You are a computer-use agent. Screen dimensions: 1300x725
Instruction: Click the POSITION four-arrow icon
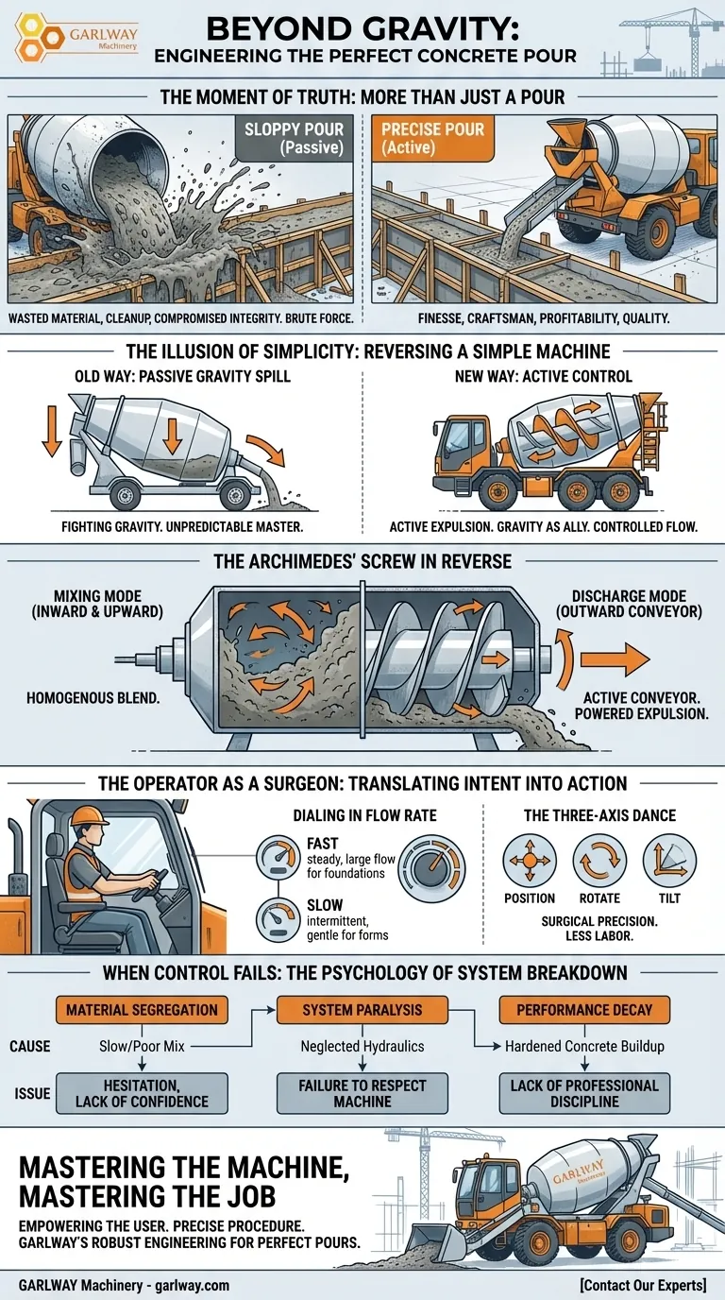529,862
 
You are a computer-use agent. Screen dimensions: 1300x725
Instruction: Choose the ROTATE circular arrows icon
599,862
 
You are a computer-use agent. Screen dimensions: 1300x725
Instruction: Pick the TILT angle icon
669,862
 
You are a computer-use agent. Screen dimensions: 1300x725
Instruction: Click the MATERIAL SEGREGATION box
142,1010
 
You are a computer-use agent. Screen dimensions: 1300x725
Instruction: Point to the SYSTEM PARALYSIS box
362,1010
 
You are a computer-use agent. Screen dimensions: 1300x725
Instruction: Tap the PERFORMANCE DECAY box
584,1010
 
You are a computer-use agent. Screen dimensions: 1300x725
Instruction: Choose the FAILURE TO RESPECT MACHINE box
362,1093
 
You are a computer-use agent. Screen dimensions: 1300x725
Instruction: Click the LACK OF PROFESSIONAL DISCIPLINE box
584,1093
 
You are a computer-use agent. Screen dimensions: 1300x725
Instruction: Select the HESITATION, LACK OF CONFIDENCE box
142,1093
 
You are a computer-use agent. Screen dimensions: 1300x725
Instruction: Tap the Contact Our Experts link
644,1285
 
